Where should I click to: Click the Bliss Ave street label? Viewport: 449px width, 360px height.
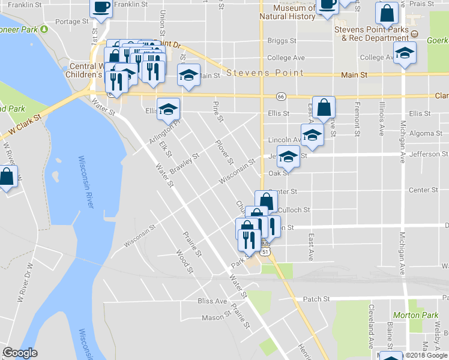click(x=212, y=301)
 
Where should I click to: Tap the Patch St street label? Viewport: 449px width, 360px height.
click(x=317, y=298)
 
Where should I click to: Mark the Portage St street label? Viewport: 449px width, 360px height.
click(x=71, y=21)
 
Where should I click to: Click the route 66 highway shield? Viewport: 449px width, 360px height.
click(x=280, y=97)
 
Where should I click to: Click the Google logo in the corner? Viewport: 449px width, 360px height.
click(x=20, y=353)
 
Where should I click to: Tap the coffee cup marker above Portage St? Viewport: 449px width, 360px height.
click(x=101, y=7)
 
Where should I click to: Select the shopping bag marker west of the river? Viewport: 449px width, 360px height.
click(x=7, y=178)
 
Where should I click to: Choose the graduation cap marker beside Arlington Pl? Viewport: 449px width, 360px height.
click(x=169, y=109)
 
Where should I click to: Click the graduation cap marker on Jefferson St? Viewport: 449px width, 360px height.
click(x=289, y=156)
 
